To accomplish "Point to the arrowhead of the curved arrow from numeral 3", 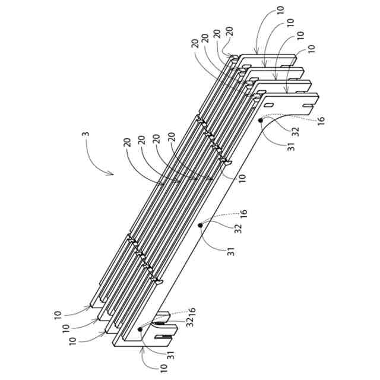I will (113, 173).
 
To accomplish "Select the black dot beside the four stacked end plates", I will (261, 121).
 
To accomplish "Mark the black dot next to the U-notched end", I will (140, 328).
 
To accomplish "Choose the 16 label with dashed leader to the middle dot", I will (243, 212).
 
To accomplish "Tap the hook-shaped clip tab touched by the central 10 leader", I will (226, 160).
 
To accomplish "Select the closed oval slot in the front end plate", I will (268, 104).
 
